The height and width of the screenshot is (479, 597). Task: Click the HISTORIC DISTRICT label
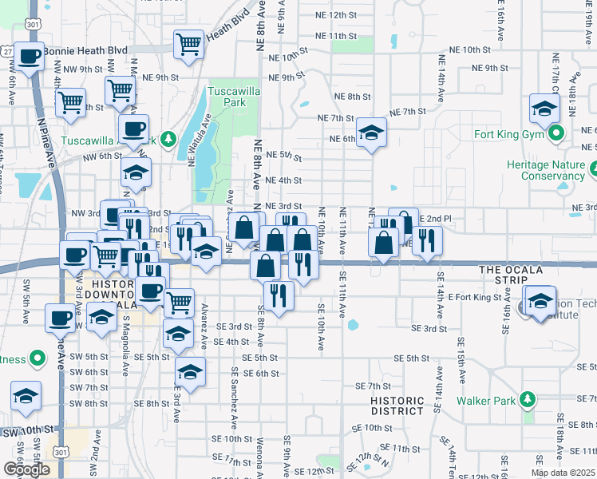(x=397, y=406)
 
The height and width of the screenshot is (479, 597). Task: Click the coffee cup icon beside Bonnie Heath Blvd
(x=29, y=57)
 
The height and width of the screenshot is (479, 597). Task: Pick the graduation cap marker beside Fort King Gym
(x=544, y=109)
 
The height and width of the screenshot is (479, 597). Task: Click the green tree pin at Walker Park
(x=526, y=398)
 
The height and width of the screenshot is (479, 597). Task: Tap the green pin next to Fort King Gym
(x=557, y=133)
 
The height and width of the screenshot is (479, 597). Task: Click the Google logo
(x=26, y=469)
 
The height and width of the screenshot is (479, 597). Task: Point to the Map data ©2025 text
(x=563, y=473)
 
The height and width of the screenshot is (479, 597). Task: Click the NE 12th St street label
(x=351, y=15)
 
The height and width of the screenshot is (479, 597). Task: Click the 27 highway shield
(x=8, y=50)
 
